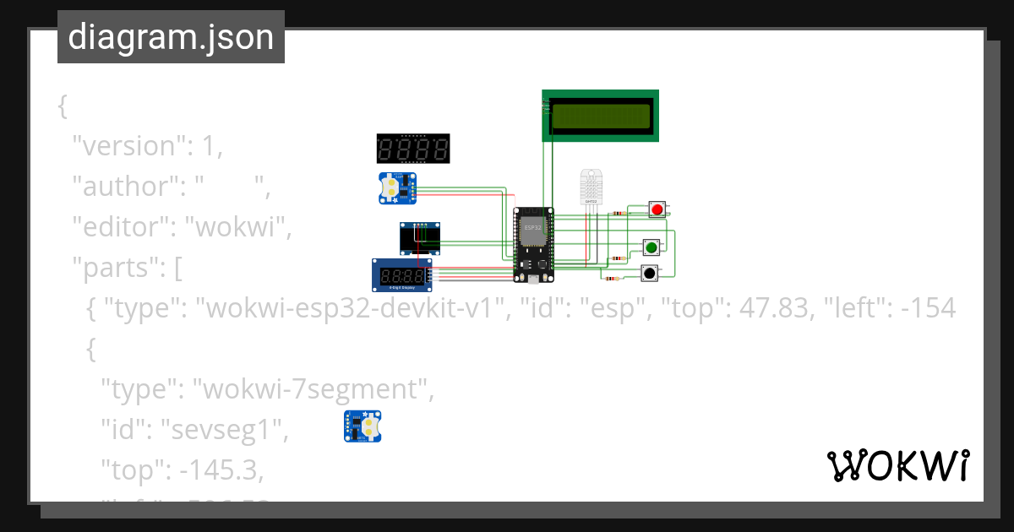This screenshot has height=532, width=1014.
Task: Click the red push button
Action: (x=657, y=209)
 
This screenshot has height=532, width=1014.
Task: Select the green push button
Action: (x=651, y=247)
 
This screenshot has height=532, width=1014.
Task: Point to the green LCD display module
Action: (x=600, y=116)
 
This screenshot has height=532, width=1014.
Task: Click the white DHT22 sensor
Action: (x=591, y=187)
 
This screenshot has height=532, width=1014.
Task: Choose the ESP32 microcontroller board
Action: (x=533, y=244)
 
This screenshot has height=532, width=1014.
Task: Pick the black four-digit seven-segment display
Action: (x=412, y=149)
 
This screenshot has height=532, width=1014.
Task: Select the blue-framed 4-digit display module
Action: (x=401, y=275)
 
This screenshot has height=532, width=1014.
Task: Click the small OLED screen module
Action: (x=420, y=239)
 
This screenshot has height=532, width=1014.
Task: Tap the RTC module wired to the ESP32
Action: (x=395, y=187)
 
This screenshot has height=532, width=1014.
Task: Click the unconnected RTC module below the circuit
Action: (x=362, y=426)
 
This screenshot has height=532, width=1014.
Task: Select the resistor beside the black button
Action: (x=612, y=278)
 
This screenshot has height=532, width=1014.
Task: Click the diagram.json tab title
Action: (x=171, y=37)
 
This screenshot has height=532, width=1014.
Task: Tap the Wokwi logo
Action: (x=897, y=466)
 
